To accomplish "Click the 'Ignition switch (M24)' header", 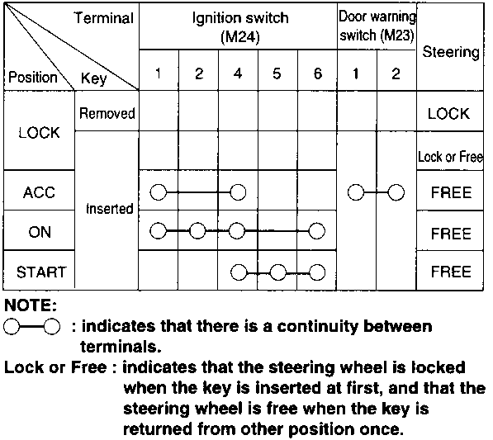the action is pyautogui.click(x=240, y=28).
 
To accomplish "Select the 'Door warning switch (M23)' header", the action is pyautogui.click(x=377, y=26).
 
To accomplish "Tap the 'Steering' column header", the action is pyautogui.click(x=451, y=52).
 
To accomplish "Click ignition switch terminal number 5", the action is pyautogui.click(x=277, y=73).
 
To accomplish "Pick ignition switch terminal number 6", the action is pyautogui.click(x=318, y=73).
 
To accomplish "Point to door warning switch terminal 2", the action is pyautogui.click(x=396, y=73).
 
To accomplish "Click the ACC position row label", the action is pyautogui.click(x=39, y=192).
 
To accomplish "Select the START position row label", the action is pyautogui.click(x=41, y=272).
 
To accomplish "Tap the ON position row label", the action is pyautogui.click(x=40, y=232).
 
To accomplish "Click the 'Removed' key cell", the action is pyautogui.click(x=107, y=113).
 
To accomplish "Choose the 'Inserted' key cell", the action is pyautogui.click(x=109, y=208).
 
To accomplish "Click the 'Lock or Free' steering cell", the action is pyautogui.click(x=450, y=157).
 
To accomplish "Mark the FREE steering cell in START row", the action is pyautogui.click(x=451, y=272).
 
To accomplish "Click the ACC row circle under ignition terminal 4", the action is pyautogui.click(x=238, y=192).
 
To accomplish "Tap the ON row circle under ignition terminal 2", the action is pyautogui.click(x=197, y=231).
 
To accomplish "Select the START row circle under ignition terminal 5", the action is pyautogui.click(x=278, y=272).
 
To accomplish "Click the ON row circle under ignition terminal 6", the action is pyautogui.click(x=316, y=231).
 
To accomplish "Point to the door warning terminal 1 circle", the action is pyautogui.click(x=356, y=192).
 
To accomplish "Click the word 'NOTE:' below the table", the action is pyautogui.click(x=31, y=305).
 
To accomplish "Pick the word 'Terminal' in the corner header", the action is pyautogui.click(x=104, y=17).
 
